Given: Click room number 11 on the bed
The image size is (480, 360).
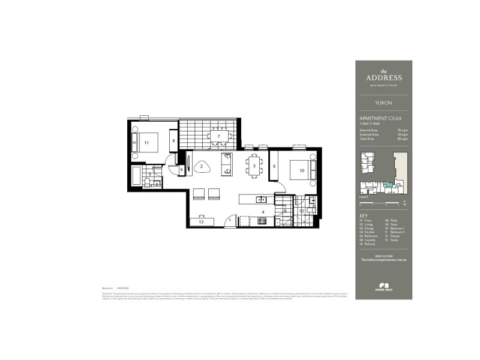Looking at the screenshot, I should [x=146, y=142].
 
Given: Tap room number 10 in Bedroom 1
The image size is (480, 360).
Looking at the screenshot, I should [x=302, y=170].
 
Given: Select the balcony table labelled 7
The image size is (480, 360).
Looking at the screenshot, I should [x=218, y=137].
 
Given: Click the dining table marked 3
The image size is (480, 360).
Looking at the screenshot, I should [x=254, y=166].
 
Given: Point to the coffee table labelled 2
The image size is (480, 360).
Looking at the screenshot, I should [x=202, y=166].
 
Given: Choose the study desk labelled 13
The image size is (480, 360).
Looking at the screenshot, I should [x=202, y=222].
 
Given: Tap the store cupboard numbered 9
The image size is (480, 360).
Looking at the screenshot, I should [x=181, y=169].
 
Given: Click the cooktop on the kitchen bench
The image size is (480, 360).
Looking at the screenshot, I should [x=262, y=221].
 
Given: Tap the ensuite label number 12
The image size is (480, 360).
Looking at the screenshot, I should [x=302, y=211].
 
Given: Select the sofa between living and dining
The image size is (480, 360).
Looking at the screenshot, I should [x=227, y=165].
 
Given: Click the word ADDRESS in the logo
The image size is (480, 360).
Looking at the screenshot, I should [x=384, y=77].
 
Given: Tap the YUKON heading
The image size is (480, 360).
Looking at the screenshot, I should [x=384, y=103].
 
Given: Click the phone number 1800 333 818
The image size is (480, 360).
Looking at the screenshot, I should [x=384, y=256].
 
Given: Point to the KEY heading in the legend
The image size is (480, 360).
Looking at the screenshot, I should [x=363, y=215].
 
